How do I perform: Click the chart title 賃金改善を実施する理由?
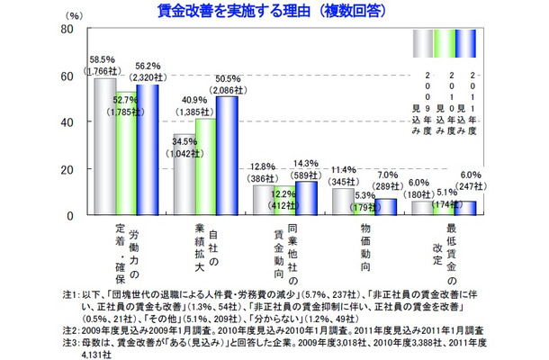[x=274, y=10]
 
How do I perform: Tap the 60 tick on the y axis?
[x=65, y=76]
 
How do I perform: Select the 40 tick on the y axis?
[x=65, y=121]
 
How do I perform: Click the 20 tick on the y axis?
[x=65, y=169]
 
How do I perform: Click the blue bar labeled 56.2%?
[x=147, y=149]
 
